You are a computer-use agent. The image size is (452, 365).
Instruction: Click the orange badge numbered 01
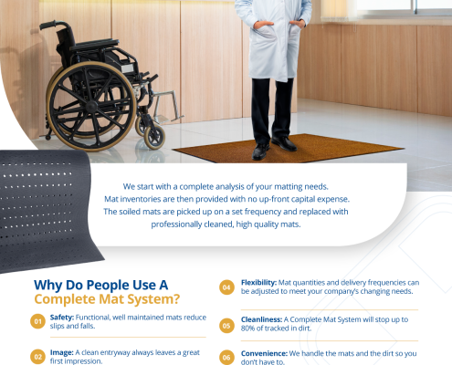[38, 321]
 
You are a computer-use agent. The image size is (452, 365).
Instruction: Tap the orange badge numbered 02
[38, 356]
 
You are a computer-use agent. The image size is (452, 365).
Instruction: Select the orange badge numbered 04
[226, 287]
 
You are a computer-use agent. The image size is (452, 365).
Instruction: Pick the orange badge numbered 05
[226, 324]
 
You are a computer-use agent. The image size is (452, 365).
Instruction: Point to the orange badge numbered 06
[226, 360]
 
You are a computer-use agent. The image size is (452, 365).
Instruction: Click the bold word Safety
[63, 317]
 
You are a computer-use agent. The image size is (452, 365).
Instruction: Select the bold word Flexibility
[258, 282]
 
